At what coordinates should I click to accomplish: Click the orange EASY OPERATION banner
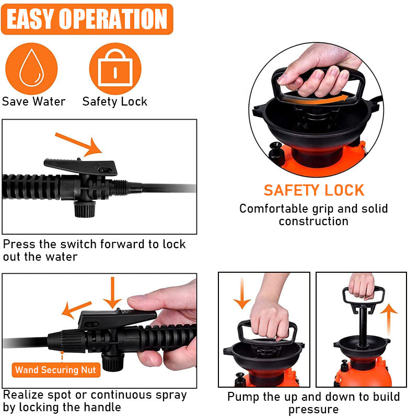87,19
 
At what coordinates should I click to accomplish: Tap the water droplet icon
31,68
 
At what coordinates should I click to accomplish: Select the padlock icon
115,68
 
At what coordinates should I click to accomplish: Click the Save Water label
33,101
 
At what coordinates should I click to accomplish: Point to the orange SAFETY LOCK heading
314,190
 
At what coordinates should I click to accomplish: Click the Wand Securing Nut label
56,370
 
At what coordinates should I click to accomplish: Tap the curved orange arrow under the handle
316,100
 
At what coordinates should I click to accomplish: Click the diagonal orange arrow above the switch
79,144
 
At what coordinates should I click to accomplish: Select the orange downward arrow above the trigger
112,293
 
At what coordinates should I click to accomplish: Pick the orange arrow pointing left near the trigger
76,309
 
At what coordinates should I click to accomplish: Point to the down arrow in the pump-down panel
242,293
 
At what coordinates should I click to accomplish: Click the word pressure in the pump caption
313,409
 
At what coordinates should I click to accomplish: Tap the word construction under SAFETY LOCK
314,221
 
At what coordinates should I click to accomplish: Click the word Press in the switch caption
19,244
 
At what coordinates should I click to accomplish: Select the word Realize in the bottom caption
24,395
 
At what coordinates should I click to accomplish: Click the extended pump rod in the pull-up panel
363,326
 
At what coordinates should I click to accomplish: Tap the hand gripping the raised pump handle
362,286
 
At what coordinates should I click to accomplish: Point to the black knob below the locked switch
85,209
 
